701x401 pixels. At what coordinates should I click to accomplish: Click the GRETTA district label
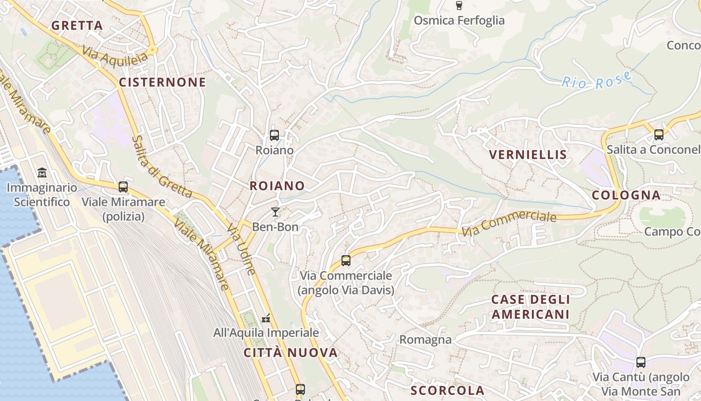pos(77,26)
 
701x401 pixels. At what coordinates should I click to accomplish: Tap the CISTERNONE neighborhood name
pos(162,82)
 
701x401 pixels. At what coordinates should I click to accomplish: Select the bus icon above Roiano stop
pos(274,135)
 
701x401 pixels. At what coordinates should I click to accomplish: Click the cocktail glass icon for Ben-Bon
pos(275,212)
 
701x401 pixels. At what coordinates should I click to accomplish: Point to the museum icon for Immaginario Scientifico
pos(42,173)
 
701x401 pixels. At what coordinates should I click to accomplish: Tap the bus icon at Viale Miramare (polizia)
pos(123,187)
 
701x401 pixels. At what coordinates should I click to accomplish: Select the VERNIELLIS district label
pos(528,154)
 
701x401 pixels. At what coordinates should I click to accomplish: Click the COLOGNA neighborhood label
pos(626,195)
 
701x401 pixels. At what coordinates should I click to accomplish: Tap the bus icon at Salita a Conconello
pos(658,134)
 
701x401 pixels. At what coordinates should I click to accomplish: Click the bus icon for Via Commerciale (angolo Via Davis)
pos(345,260)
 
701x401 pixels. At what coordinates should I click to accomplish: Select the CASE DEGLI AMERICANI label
pos(530,307)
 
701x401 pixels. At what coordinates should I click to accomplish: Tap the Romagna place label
pos(425,340)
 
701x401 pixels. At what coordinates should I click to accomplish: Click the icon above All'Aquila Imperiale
pos(266,318)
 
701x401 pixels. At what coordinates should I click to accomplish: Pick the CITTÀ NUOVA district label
pos(290,352)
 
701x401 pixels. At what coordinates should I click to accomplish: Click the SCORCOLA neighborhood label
pos(447,390)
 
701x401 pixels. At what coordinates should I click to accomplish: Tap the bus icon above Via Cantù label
pos(640,362)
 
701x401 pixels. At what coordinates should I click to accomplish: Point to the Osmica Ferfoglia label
pos(459,21)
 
